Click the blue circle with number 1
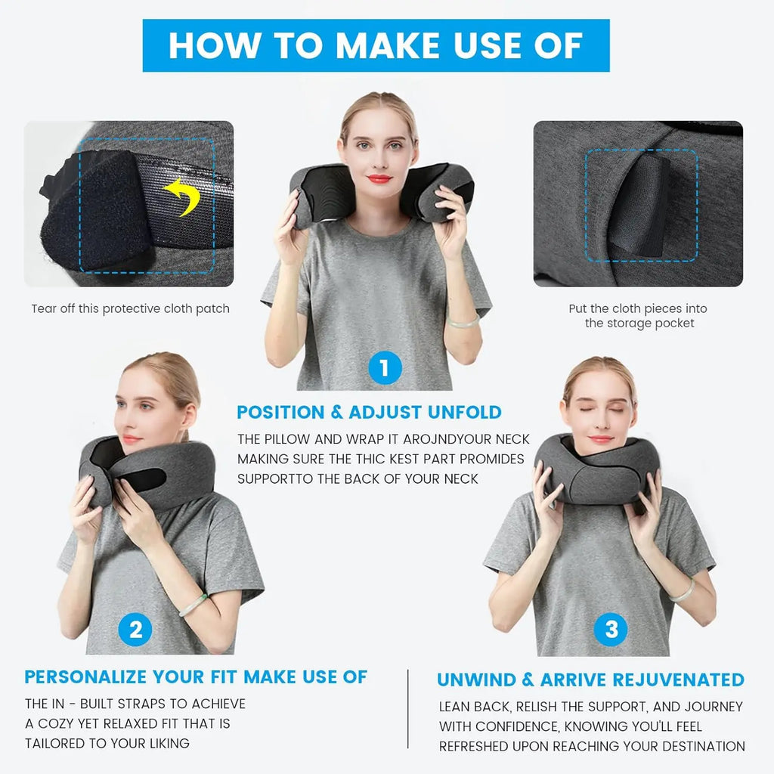(x=385, y=368)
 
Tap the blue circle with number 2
(x=136, y=630)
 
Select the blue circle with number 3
(x=611, y=629)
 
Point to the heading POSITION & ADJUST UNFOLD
(x=369, y=412)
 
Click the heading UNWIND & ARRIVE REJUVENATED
(x=590, y=680)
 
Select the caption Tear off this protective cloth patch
(x=130, y=308)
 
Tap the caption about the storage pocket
(x=639, y=316)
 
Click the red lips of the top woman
(x=379, y=179)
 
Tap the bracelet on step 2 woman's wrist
(x=193, y=605)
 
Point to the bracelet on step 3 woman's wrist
(x=682, y=591)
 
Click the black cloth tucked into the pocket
(x=642, y=208)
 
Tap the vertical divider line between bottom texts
(x=408, y=711)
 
